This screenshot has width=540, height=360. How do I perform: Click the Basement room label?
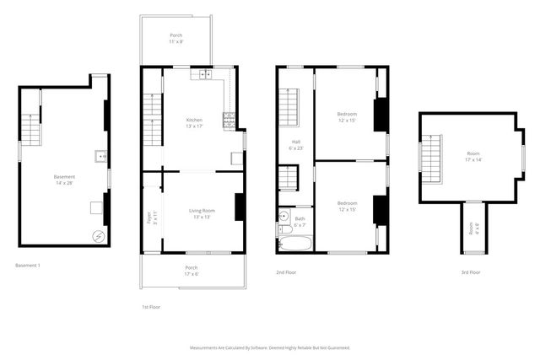(x=64, y=180)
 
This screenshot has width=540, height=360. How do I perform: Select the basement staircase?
(x=30, y=132)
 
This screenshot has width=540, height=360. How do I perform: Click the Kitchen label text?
(x=194, y=123)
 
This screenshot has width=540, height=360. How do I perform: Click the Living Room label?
(x=202, y=213)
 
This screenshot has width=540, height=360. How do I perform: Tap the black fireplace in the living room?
(x=240, y=207)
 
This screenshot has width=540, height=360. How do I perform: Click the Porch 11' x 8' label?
(x=175, y=38)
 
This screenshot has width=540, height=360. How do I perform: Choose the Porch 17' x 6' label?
(x=192, y=271)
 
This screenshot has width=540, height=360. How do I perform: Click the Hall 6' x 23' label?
(x=296, y=144)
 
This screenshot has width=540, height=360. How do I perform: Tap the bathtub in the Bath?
(x=295, y=244)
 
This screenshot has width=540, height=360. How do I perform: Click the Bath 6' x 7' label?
(x=300, y=222)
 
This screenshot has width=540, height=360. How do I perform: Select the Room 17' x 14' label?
(x=473, y=156)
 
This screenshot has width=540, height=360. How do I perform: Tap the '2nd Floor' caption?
(x=286, y=272)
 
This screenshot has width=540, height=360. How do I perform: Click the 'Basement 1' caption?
(x=28, y=266)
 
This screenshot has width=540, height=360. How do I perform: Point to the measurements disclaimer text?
(x=270, y=347)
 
